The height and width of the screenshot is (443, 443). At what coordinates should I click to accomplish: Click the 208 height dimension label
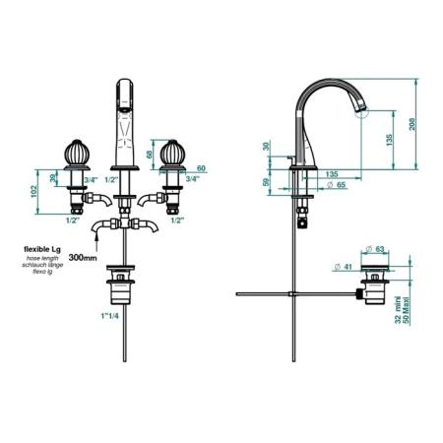(x=412, y=124)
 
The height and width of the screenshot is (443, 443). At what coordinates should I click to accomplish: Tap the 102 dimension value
(x=33, y=192)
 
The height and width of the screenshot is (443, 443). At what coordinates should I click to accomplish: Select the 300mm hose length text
(x=83, y=258)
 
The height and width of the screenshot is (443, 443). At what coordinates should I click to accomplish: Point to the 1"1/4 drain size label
(x=109, y=316)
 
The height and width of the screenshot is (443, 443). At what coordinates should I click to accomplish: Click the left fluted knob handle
(x=77, y=154)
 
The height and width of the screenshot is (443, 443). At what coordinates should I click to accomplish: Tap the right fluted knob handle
(x=172, y=154)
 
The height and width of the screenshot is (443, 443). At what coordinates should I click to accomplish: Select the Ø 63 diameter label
(x=375, y=249)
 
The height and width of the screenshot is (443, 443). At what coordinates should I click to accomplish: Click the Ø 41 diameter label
(x=343, y=267)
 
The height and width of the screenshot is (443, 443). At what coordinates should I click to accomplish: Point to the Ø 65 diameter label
(x=337, y=185)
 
